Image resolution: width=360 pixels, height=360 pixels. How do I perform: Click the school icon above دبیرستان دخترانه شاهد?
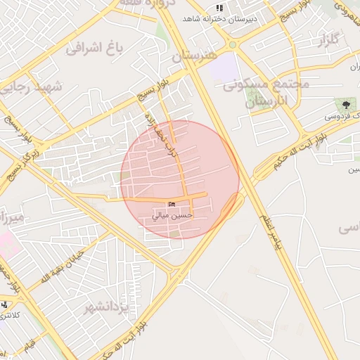pos(219,8)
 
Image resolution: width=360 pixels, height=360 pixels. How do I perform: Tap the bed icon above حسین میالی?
pos(172,205)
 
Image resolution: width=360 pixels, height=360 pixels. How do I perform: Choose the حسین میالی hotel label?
pos(173,216)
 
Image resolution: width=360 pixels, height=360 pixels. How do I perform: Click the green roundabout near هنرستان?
pos(232,45)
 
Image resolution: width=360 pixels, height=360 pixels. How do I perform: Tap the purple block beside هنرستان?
pos(224,67)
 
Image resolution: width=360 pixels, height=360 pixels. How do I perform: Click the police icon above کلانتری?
pos(5,304)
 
